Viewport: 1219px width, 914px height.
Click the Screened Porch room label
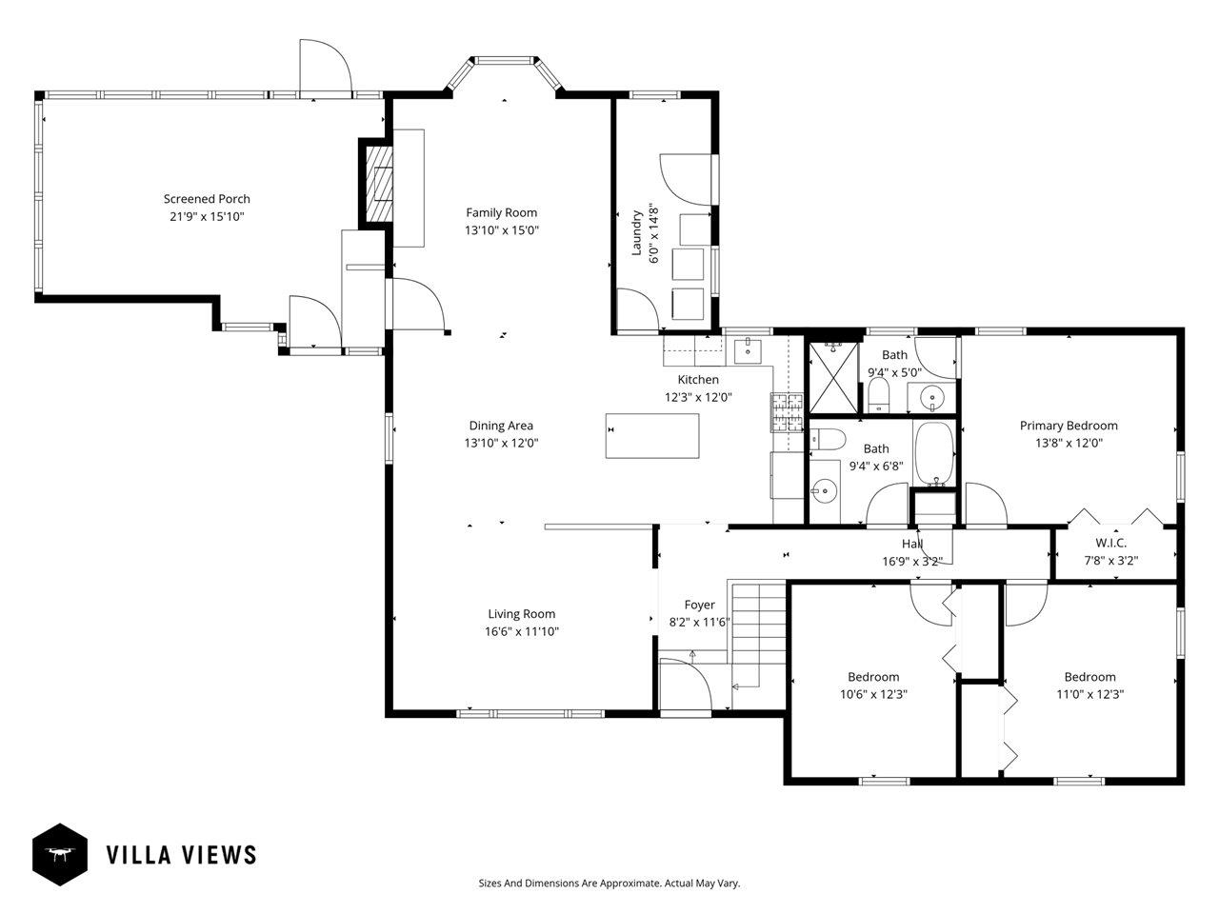click(207, 199)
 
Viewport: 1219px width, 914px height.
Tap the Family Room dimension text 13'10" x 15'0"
click(502, 229)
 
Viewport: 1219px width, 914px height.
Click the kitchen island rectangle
click(652, 436)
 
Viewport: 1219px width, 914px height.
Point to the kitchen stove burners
click(787, 412)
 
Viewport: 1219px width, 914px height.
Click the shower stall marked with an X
click(833, 377)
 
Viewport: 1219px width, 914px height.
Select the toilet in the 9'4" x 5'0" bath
click(879, 395)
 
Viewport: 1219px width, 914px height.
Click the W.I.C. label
click(1110, 543)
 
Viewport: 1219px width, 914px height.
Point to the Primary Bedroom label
click(1069, 426)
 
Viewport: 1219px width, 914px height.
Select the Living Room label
click(522, 614)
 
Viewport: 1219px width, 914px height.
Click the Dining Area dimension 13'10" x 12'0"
click(502, 443)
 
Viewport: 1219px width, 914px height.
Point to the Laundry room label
click(637, 232)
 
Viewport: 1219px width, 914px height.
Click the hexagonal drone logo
click(60, 854)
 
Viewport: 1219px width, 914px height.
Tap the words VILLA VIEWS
click(181, 855)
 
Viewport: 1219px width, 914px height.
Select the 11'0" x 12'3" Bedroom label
click(1089, 677)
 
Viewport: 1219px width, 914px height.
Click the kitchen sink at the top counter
click(748, 350)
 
